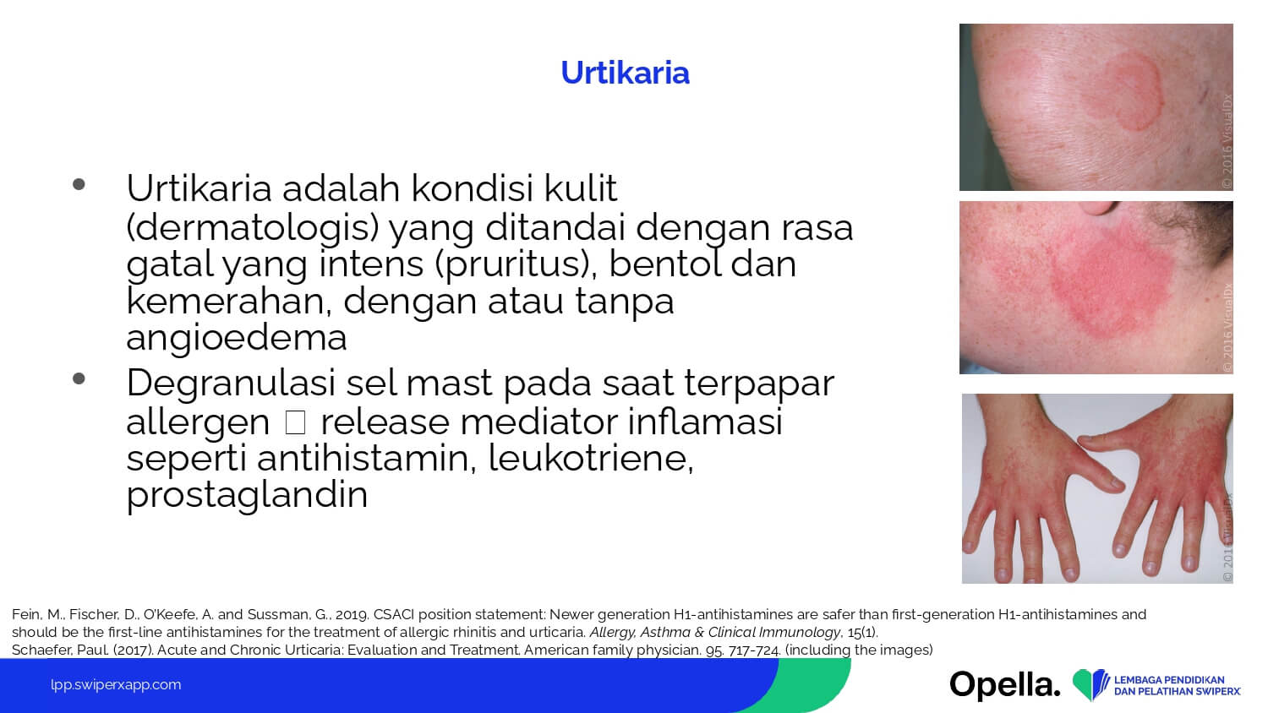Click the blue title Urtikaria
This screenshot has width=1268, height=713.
pyautogui.click(x=625, y=73)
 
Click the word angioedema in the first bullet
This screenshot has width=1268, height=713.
pyautogui.click(x=237, y=339)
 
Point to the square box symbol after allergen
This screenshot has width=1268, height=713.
pyautogui.click(x=296, y=422)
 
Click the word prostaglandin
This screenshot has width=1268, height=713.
pyautogui.click(x=247, y=495)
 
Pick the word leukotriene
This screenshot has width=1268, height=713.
pyautogui.click(x=591, y=459)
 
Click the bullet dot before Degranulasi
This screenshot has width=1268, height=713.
pyautogui.click(x=79, y=378)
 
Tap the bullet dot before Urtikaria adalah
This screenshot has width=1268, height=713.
pyautogui.click(x=79, y=184)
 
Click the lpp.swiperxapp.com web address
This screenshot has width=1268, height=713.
pyautogui.click(x=116, y=685)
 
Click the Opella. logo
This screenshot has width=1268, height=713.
pyautogui.click(x=1005, y=685)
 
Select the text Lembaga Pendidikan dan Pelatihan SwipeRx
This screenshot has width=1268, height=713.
pyautogui.click(x=1178, y=685)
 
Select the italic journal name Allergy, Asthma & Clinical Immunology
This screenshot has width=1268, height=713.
pyautogui.click(x=715, y=632)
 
